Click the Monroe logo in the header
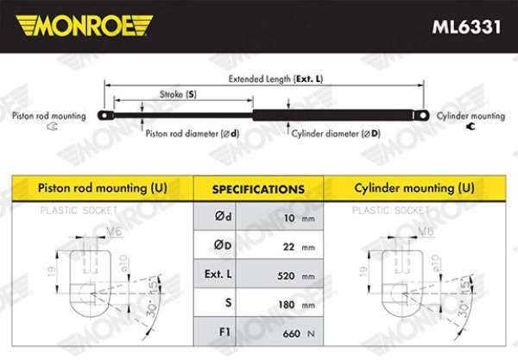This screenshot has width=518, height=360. [85, 25]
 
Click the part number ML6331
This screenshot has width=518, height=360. [466, 27]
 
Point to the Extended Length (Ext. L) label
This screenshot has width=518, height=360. [275, 79]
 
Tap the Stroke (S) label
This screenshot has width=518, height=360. [178, 94]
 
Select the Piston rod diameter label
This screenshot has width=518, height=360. [193, 134]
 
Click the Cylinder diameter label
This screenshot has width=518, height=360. [336, 134]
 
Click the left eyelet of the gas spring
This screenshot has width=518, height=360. [105, 116]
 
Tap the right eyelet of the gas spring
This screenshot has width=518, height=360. [422, 116]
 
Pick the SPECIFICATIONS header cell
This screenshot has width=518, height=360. [258, 189]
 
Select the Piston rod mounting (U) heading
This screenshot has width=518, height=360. [103, 188]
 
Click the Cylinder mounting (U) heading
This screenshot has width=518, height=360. [414, 188]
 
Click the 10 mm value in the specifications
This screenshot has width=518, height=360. [300, 218]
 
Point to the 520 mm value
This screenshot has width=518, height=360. [296, 275]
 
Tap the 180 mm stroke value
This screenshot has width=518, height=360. [296, 305]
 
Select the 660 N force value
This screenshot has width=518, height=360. [299, 333]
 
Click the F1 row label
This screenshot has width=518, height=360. [224, 332]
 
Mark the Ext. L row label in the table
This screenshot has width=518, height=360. [218, 274]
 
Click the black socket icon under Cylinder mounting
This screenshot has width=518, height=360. [471, 126]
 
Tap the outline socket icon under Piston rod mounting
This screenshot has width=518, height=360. [53, 126]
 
